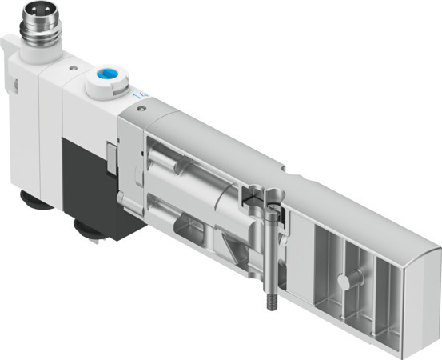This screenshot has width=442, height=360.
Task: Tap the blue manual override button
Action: tap(106, 77)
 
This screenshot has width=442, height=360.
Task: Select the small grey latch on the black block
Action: tap(110, 150)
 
